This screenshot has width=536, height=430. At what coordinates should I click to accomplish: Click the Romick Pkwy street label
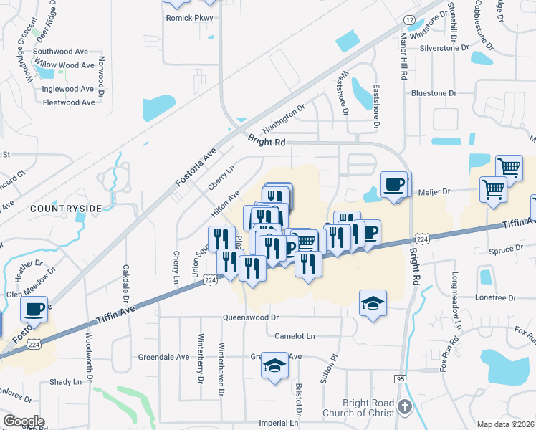(185, 17)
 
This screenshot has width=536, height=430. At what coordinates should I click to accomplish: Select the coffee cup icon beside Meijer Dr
(393, 186)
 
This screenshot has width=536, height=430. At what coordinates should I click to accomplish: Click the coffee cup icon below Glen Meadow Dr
(34, 310)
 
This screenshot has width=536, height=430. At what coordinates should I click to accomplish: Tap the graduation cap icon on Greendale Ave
(274, 365)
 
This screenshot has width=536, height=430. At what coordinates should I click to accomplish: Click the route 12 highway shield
(409, 19)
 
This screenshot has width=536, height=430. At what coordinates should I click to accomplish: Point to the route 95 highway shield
(401, 378)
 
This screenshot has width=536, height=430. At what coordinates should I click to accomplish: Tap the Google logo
(24, 421)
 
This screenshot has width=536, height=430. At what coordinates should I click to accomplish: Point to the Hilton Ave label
(225, 204)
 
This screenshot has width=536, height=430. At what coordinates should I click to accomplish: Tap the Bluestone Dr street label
(434, 93)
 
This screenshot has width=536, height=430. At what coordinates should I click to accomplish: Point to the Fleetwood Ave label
(69, 102)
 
